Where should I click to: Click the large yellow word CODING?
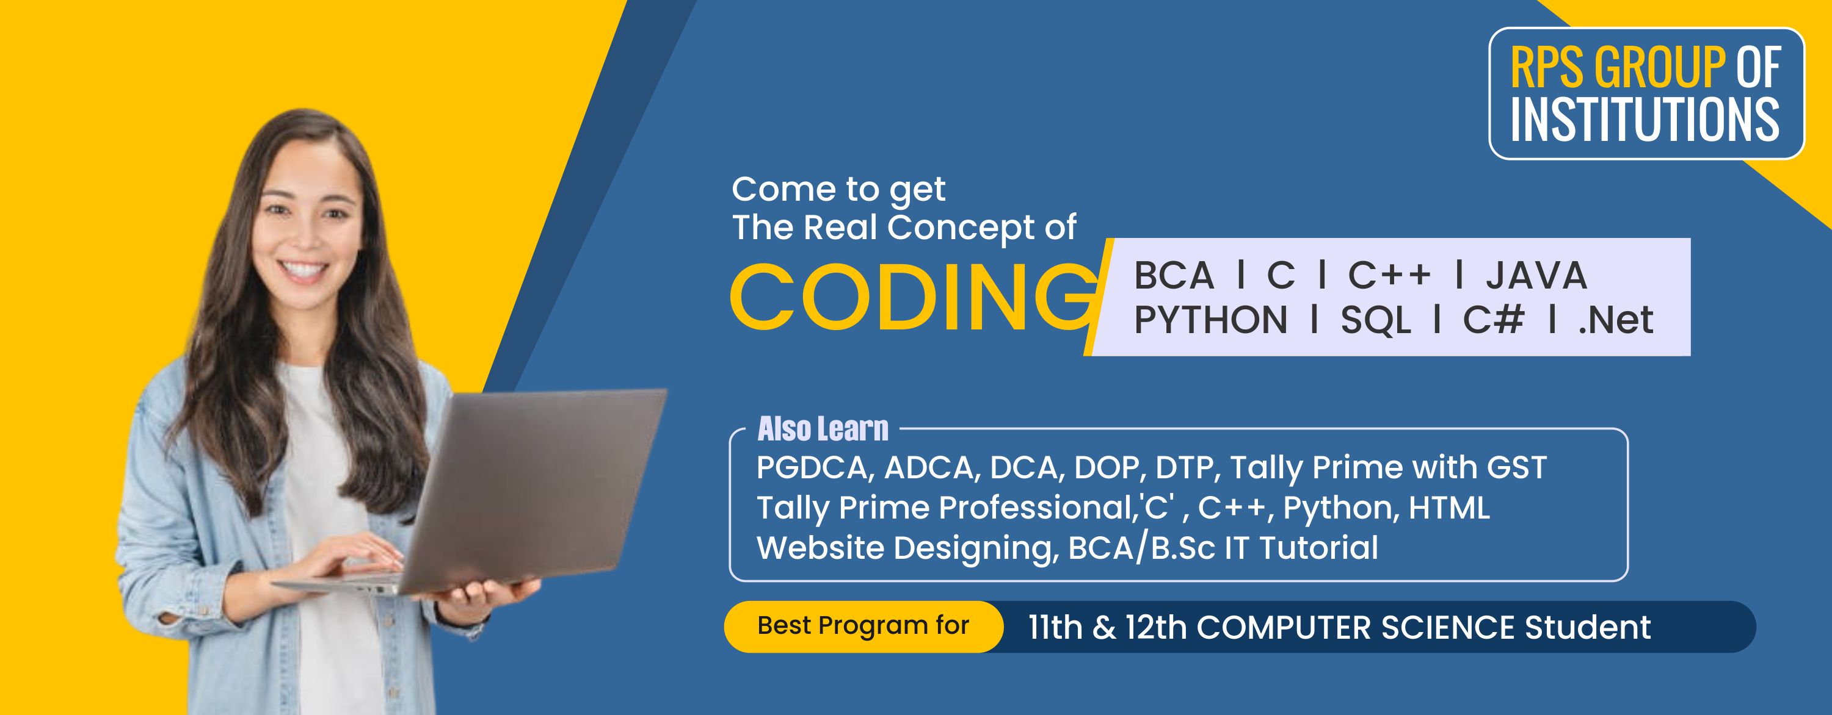[912, 298]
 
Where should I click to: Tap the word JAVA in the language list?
[1536, 276]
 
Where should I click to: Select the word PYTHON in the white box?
[1210, 320]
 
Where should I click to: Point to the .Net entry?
[1615, 320]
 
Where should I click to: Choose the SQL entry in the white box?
[1375, 320]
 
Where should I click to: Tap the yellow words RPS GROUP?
[1616, 67]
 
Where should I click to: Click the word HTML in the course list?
[1449, 508]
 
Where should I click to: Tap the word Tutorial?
[1318, 548]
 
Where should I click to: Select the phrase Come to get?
[838, 190]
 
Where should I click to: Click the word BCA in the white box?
[1174, 276]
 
